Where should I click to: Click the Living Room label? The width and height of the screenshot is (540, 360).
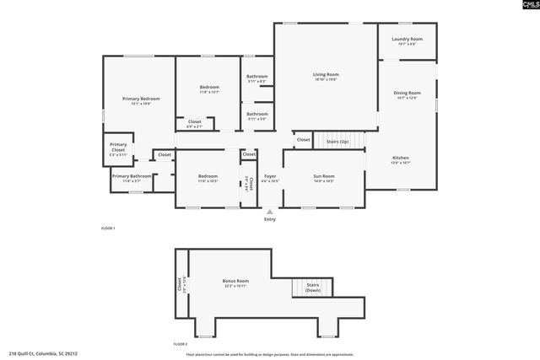click(x=325, y=75)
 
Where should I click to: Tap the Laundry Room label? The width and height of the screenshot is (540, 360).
click(x=407, y=40)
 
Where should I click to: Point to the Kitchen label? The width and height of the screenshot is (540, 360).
click(x=401, y=159)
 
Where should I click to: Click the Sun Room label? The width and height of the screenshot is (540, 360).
click(x=324, y=176)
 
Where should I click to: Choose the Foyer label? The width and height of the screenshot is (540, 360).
click(x=270, y=176)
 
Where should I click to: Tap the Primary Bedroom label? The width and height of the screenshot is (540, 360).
click(x=141, y=99)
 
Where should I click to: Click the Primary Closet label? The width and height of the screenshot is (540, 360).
click(x=118, y=147)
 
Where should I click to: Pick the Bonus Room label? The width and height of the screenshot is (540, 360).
click(x=235, y=281)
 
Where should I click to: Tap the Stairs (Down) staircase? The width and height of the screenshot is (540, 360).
click(x=312, y=287)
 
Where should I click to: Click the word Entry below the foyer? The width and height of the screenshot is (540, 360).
click(x=270, y=219)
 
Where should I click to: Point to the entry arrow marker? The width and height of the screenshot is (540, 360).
click(x=270, y=212)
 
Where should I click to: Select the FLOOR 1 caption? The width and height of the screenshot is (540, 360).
click(x=108, y=228)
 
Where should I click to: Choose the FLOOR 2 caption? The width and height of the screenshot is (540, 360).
click(x=180, y=344)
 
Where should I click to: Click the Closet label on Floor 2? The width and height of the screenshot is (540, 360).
click(x=180, y=286)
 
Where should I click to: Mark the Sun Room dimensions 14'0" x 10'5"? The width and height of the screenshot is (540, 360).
click(x=324, y=181)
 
